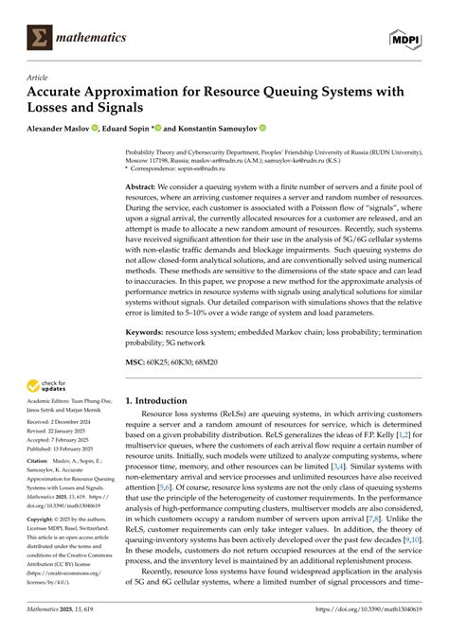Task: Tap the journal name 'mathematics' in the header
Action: (x=93, y=38)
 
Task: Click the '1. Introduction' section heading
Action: (x=167, y=401)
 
